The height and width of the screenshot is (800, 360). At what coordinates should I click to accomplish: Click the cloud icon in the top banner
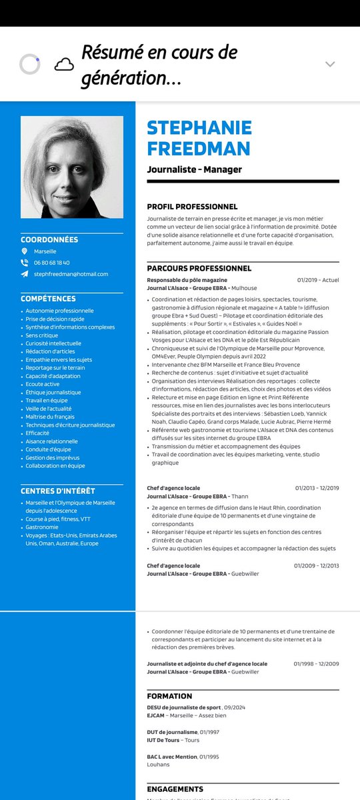tap(64, 64)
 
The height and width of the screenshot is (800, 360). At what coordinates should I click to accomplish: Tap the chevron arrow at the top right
tap(330, 64)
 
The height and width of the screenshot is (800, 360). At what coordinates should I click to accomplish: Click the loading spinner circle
tap(30, 64)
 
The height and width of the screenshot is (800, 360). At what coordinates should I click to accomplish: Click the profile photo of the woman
tap(72, 167)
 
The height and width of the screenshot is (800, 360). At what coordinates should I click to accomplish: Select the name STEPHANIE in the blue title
tap(199, 127)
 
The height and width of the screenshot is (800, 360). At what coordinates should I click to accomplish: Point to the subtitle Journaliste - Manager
tap(194, 169)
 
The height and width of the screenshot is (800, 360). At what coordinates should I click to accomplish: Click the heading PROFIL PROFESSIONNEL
tap(192, 207)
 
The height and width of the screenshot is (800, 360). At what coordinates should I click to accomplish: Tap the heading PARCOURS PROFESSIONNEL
tap(199, 268)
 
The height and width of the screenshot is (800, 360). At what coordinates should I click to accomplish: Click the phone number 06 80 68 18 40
tap(51, 263)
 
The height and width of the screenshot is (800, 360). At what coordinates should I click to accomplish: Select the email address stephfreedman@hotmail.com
tap(71, 274)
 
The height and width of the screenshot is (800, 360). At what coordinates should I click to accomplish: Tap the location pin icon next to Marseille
tap(25, 251)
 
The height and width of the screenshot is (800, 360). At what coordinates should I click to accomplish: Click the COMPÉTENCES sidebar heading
tap(48, 299)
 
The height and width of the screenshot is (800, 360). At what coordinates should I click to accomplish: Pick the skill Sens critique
tap(42, 335)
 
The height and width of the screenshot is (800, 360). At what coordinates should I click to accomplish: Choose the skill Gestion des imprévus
tap(53, 457)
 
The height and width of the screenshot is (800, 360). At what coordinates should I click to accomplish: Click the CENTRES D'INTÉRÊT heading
tap(58, 491)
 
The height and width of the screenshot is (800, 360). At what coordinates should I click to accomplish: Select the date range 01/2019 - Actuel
tap(318, 280)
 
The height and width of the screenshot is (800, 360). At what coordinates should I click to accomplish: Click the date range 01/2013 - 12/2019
tap(317, 488)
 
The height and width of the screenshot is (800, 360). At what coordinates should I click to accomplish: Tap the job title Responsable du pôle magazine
tap(187, 280)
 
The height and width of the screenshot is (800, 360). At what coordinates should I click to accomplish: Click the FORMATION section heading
tap(169, 696)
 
